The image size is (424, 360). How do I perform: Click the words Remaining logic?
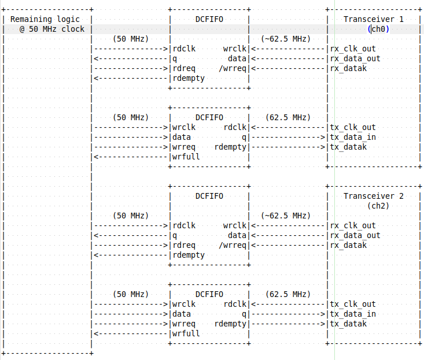45,20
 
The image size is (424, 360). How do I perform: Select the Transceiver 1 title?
374,20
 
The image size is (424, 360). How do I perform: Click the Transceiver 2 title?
374,196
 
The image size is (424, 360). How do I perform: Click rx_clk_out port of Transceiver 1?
353,49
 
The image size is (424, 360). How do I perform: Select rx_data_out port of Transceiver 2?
355,235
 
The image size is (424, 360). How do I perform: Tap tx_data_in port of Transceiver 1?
353,137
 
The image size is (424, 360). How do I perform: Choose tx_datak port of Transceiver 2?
348,324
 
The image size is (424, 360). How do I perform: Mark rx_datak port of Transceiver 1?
348,68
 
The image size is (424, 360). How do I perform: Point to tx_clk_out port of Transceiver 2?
353,304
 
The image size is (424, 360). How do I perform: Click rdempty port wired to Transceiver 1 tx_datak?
230,147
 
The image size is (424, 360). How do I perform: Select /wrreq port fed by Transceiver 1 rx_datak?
233,68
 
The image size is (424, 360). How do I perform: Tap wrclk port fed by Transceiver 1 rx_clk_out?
235,49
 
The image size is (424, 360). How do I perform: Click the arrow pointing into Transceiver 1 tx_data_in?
288,137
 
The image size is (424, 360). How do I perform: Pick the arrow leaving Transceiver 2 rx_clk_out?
288,225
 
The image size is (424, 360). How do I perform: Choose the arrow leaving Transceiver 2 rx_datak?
288,245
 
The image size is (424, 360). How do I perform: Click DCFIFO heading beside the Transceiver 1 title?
209,20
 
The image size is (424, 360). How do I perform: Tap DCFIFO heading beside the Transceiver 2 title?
209,196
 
